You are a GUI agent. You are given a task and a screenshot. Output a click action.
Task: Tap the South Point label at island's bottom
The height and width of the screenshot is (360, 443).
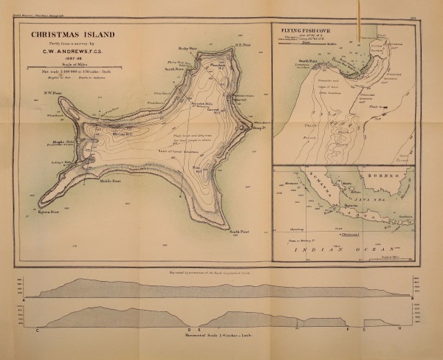pyautogui.click(x=238, y=232)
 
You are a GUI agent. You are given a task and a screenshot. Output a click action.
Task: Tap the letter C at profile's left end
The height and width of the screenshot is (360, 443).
pyautogui.click(x=36, y=330)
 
